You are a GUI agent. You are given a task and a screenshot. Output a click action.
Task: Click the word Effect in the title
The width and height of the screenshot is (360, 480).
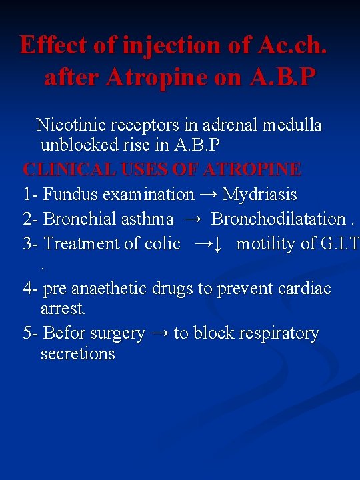[x=54, y=45]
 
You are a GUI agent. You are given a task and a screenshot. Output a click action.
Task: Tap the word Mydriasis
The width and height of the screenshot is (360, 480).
[x=260, y=195]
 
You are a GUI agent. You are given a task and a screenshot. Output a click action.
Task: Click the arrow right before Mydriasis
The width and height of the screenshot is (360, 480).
[x=208, y=195]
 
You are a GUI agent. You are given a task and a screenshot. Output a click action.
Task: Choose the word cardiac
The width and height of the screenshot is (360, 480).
[x=305, y=289]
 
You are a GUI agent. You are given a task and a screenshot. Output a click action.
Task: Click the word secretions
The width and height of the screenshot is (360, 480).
[x=77, y=353]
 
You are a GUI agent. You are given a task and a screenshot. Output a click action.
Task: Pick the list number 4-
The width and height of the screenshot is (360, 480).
[x=31, y=289]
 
